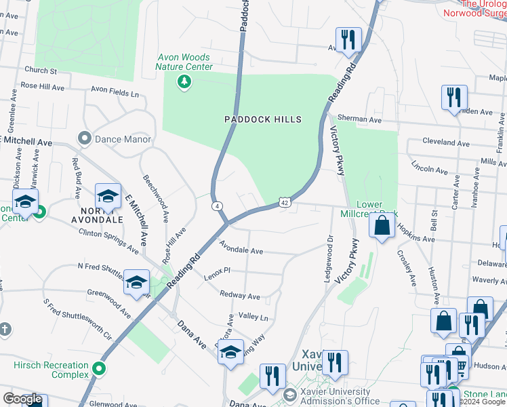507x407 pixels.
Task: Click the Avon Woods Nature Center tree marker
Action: [182, 83]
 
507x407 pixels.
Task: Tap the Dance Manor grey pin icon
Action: [85, 139]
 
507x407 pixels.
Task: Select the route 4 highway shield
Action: [216, 206]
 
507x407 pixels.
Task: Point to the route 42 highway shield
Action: [285, 203]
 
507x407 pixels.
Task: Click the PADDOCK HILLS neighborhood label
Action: [263, 119]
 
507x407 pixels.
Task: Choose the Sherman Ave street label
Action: [360, 119]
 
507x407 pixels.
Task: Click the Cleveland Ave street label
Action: [445, 143]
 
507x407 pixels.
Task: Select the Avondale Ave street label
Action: [241, 251]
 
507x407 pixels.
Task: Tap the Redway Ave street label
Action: [240, 296]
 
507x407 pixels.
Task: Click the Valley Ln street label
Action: [253, 317]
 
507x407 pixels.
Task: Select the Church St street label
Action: [40, 70]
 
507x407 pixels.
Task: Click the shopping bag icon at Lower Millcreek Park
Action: [382, 226]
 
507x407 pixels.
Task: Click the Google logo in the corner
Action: [22, 399]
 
